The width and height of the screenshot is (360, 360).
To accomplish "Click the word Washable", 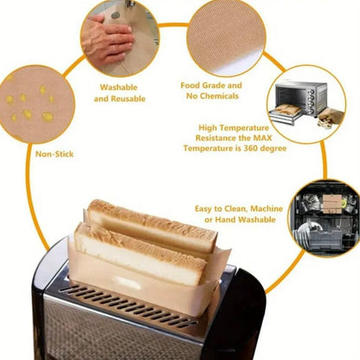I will click(x=119, y=87).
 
